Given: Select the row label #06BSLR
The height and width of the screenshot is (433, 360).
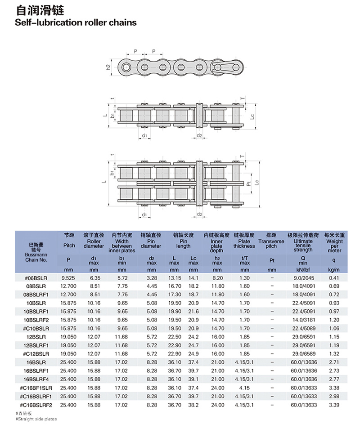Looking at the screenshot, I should click(36, 278).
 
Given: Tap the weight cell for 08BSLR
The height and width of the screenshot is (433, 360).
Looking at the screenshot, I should click(333, 286).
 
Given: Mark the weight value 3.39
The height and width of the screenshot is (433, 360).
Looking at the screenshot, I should click(333, 405).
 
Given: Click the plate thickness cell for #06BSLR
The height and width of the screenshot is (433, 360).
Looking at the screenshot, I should click(244, 278).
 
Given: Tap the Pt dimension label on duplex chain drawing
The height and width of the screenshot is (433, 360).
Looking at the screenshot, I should click(248, 183).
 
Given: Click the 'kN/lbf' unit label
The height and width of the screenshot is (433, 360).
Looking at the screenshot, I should click(303, 269).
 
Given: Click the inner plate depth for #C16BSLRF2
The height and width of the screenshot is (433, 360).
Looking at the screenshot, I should click(217, 405).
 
